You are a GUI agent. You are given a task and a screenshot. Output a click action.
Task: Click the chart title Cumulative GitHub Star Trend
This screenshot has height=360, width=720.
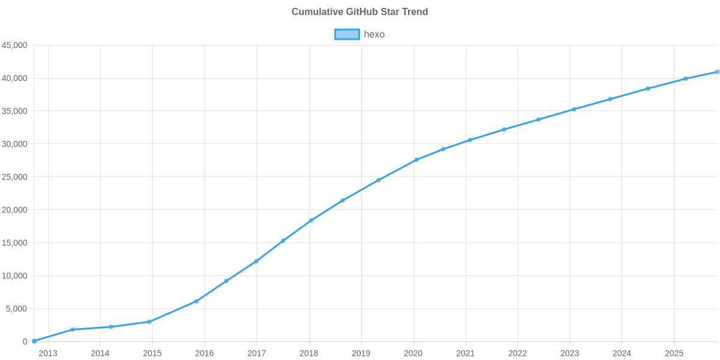tap(359, 12)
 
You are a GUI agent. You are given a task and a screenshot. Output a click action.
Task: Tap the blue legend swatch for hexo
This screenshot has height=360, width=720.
tap(347, 34)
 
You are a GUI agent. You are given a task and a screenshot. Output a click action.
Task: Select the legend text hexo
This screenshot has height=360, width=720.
tap(374, 34)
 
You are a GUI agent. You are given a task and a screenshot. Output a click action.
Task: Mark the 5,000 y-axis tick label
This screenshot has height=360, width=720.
tap(17, 309)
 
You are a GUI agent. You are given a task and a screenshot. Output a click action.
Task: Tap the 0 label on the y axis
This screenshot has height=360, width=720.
tap(25, 342)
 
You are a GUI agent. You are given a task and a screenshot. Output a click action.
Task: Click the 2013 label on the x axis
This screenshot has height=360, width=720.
tap(48, 353)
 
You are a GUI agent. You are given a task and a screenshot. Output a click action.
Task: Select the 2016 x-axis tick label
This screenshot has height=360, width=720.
tap(205, 353)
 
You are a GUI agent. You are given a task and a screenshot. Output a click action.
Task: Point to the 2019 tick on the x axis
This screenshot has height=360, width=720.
tap(361, 353)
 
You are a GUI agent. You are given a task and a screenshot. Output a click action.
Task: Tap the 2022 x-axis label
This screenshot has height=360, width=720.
tap(517, 353)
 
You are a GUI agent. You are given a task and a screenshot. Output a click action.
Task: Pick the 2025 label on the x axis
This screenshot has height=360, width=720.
tap(674, 353)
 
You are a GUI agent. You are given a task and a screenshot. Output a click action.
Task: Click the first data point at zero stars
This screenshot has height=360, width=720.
tap(34, 341)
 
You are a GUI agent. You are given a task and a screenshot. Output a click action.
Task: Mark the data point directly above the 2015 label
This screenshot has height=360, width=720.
tap(149, 322)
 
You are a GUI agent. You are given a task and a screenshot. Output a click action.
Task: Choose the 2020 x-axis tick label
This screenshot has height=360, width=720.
tap(413, 353)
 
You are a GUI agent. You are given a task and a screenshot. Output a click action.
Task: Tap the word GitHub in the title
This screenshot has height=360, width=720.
tap(360, 12)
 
